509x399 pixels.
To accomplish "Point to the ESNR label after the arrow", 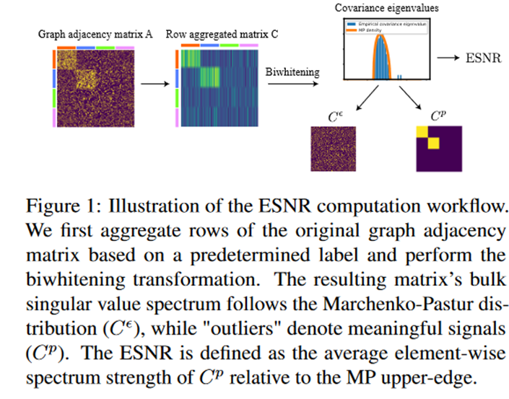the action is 480,58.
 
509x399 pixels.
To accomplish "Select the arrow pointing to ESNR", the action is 447,58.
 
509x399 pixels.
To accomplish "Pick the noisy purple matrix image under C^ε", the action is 334,149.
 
